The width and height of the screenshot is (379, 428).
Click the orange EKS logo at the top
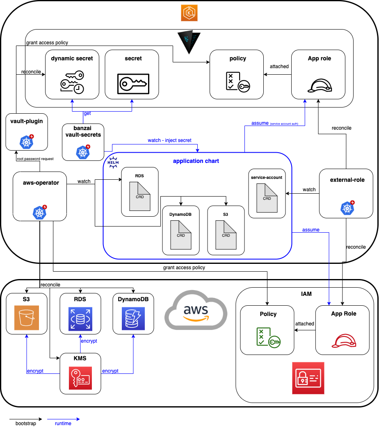189,13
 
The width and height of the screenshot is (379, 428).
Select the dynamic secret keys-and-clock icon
72,82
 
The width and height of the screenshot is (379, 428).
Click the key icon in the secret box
132,84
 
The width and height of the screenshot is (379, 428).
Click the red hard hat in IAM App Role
343,340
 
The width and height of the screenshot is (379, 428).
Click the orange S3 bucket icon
26,318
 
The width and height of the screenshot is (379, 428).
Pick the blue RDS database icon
80,318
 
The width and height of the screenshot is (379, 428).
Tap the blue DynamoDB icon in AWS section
133,318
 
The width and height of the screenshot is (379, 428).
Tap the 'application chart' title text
196,161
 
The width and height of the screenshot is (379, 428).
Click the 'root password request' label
35,158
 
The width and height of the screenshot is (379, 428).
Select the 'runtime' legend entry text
63,423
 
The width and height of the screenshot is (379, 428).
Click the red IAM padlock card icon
308,378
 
